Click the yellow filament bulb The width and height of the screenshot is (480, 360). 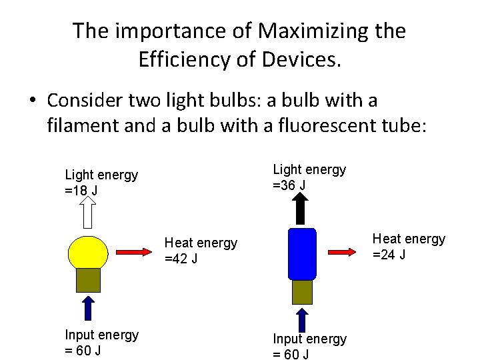tap(88, 252)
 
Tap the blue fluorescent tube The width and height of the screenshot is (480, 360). tap(301, 253)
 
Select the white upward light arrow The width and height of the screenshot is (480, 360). tap(88, 215)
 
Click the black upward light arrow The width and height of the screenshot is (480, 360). tap(301, 208)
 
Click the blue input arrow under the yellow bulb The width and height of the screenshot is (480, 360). tap(88, 308)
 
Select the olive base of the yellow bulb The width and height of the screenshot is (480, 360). tap(88, 280)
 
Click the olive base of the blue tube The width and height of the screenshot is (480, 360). tap(301, 291)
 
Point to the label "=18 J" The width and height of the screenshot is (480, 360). tap(81, 191)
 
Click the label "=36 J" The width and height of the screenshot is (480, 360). tap(289, 185)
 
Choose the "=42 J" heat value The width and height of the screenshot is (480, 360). tap(181, 259)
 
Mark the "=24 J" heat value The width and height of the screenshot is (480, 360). tap(389, 255)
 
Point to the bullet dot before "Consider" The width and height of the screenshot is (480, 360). tap(32, 101)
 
